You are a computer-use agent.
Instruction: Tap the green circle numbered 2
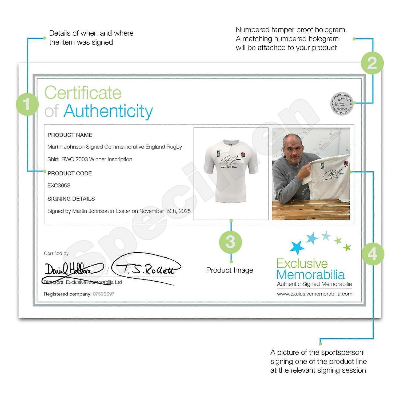(372, 63)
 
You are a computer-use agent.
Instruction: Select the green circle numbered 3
(230, 242)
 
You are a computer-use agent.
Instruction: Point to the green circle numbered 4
(373, 254)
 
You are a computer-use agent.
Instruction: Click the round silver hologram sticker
(342, 104)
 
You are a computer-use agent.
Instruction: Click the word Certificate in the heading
(83, 93)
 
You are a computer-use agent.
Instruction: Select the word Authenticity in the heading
(108, 111)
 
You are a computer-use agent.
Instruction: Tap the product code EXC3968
(59, 185)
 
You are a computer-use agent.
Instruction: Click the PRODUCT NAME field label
(70, 135)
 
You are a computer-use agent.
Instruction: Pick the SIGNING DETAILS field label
(71, 199)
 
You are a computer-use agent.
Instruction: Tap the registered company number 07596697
(103, 294)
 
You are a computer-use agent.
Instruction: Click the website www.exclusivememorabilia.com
(314, 294)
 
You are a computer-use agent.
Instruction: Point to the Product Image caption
(230, 270)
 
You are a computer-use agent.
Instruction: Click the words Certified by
(56, 253)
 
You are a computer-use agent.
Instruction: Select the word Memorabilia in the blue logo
(311, 275)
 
